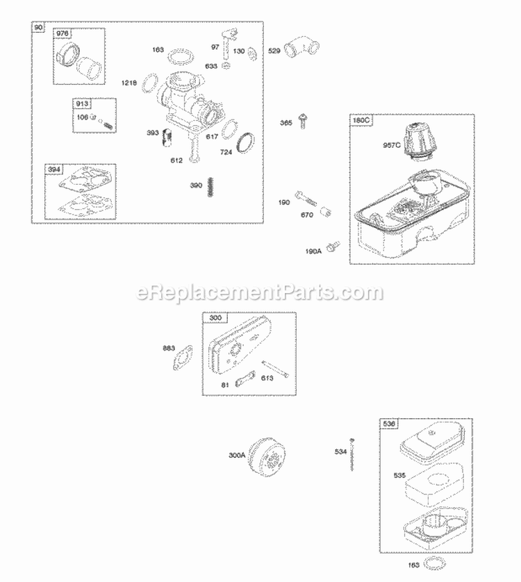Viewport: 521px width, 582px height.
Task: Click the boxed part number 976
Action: pyautogui.click(x=63, y=34)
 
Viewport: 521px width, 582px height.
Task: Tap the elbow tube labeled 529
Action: pyautogui.click(x=306, y=50)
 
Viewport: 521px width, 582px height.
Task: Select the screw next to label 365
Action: pyautogui.click(x=304, y=121)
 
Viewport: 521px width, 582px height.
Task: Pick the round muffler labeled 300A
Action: pyautogui.click(x=265, y=456)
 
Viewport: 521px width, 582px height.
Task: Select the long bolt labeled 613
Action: pyautogui.click(x=275, y=369)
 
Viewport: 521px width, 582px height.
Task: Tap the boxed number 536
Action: pyautogui.click(x=388, y=423)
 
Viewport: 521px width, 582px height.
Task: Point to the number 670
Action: pyautogui.click(x=306, y=215)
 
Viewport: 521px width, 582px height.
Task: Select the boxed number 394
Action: pyautogui.click(x=53, y=169)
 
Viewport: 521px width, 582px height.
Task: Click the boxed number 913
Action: pyautogui.click(x=83, y=103)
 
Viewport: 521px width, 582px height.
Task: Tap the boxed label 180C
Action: pyautogui.click(x=362, y=120)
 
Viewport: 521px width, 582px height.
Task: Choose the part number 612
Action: pyautogui.click(x=178, y=160)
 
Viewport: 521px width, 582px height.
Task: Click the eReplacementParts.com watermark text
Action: pyautogui.click(x=260, y=293)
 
